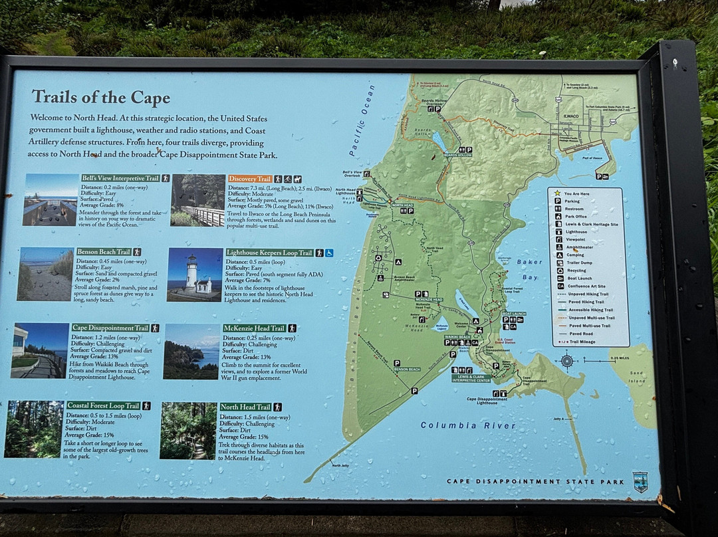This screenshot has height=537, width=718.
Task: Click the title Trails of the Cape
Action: click(x=100, y=98)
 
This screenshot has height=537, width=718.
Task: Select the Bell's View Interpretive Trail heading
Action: click(x=120, y=178)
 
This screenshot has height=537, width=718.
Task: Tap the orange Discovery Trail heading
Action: click(x=250, y=179)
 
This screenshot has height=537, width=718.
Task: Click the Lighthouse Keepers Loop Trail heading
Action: click(x=269, y=253)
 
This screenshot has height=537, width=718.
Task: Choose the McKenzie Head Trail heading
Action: click(x=253, y=328)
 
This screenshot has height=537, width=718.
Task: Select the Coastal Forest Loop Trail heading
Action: click(x=103, y=405)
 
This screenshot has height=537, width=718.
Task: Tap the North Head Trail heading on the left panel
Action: click(x=245, y=407)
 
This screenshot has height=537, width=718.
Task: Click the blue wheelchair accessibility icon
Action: click(x=329, y=253)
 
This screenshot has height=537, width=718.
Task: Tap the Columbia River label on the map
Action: click(x=467, y=425)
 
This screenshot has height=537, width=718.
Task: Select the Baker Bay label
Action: click(x=530, y=268)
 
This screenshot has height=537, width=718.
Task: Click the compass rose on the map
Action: click(x=566, y=361)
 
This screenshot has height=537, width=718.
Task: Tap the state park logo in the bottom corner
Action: click(x=640, y=481)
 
